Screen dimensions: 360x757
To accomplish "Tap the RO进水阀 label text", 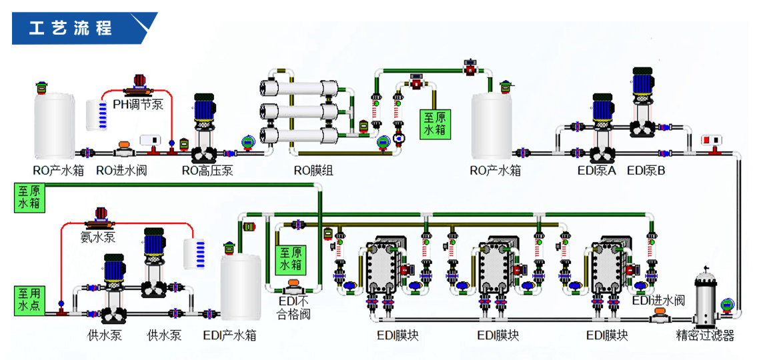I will (x=121, y=171).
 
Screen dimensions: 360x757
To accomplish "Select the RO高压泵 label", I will (x=207, y=171).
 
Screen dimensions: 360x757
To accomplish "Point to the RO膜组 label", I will (x=313, y=171).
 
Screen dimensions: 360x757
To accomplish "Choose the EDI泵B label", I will (x=646, y=171).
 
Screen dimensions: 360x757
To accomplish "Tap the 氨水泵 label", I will (x=98, y=237).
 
